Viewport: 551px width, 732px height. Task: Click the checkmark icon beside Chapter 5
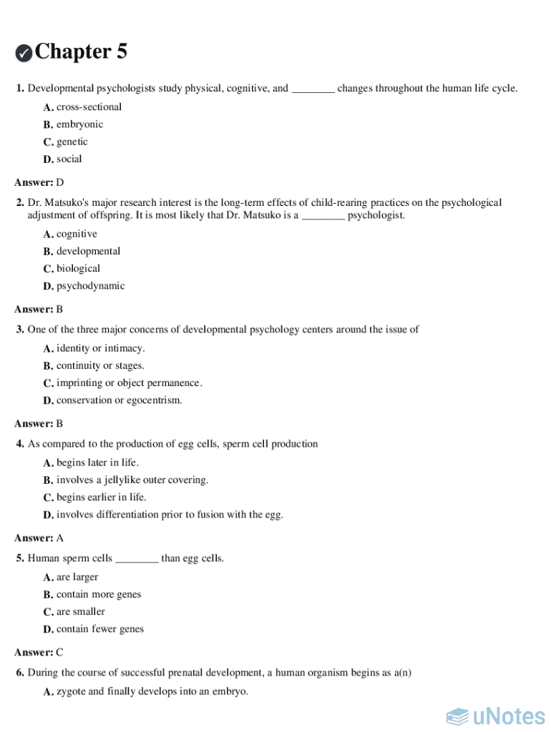click(24, 53)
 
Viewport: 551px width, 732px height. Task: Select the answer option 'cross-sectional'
click(89, 107)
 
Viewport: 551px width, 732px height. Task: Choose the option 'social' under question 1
click(69, 159)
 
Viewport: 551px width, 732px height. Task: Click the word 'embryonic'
click(79, 124)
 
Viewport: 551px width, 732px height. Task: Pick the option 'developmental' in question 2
click(88, 252)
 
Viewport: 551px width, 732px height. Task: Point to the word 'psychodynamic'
click(90, 286)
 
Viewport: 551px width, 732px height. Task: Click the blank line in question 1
click(313, 89)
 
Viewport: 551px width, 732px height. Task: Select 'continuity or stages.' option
click(100, 366)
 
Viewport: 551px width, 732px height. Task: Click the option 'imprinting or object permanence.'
click(129, 383)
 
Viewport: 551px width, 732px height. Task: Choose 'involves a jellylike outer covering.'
click(132, 480)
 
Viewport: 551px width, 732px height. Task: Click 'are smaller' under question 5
click(81, 612)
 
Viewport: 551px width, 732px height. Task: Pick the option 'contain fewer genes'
click(100, 629)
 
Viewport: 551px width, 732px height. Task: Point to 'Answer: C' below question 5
click(39, 653)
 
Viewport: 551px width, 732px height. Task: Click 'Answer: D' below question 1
click(39, 182)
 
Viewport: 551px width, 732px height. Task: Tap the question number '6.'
click(21, 673)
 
